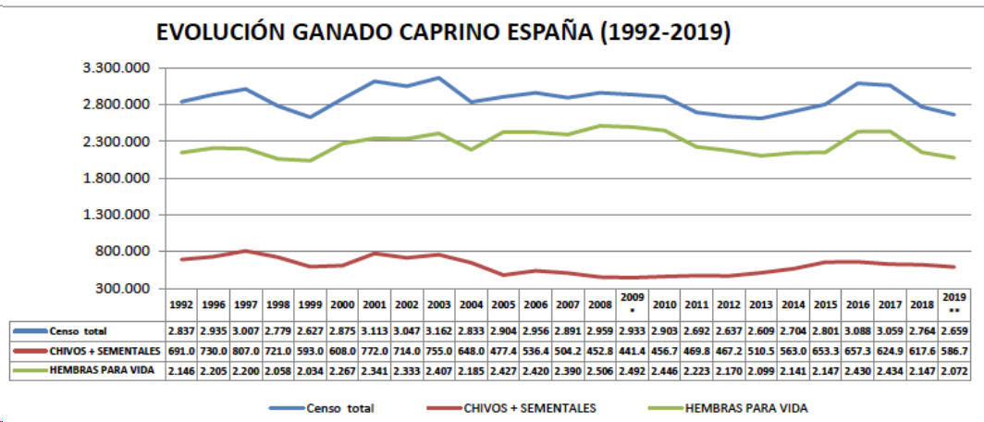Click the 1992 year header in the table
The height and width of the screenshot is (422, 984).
[182, 304]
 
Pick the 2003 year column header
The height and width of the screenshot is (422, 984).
[439, 304]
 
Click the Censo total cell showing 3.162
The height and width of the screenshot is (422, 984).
[439, 330]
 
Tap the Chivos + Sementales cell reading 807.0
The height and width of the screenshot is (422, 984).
[246, 352]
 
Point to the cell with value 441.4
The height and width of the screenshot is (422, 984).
[633, 352]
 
